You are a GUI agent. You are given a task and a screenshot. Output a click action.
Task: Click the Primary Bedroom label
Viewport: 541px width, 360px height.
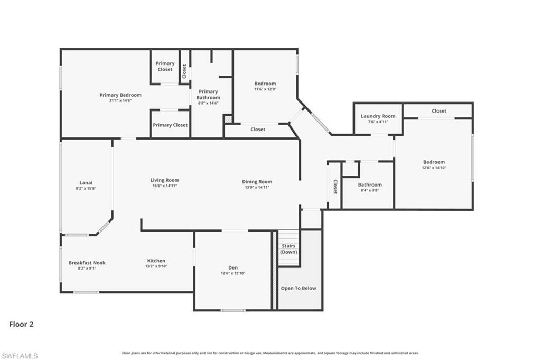(x=120, y=95)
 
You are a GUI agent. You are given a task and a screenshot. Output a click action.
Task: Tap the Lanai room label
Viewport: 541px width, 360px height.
(x=86, y=182)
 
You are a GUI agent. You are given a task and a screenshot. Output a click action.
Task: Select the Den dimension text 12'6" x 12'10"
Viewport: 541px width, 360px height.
(x=233, y=273)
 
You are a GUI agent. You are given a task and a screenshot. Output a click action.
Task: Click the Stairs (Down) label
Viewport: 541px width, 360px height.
(x=288, y=249)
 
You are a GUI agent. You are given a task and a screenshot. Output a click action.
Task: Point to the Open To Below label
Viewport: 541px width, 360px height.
(x=299, y=288)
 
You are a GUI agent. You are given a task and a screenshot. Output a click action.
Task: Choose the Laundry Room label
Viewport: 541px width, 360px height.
(x=378, y=116)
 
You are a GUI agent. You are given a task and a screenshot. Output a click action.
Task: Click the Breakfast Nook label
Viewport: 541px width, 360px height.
(x=87, y=262)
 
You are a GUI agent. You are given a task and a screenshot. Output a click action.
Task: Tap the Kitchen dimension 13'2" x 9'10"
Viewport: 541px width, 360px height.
(x=156, y=266)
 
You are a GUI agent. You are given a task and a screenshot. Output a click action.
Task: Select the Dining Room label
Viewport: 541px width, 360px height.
(x=257, y=182)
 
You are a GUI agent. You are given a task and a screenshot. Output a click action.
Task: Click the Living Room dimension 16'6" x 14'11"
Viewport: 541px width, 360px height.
(x=164, y=186)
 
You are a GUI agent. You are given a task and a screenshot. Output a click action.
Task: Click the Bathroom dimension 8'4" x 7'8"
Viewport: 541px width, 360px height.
(x=369, y=190)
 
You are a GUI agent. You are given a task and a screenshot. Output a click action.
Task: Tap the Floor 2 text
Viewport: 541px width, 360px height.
(x=21, y=324)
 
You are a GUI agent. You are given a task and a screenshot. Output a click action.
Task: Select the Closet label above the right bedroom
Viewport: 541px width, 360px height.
(x=439, y=111)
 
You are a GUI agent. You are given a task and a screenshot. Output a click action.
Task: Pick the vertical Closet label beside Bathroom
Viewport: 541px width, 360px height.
(x=335, y=187)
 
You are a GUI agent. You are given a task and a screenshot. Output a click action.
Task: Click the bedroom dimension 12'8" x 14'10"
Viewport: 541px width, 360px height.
(x=434, y=168)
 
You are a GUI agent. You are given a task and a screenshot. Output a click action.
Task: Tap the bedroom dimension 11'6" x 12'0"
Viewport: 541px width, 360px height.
(x=265, y=89)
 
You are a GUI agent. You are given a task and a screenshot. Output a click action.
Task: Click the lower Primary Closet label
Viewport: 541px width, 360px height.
(x=170, y=125)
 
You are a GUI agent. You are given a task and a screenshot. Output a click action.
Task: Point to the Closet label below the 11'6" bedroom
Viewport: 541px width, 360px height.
(x=258, y=130)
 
